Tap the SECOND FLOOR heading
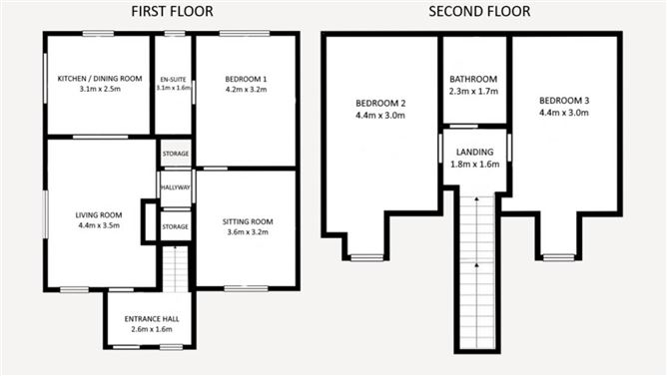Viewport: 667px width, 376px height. point(479,12)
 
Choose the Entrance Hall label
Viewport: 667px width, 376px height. point(150,319)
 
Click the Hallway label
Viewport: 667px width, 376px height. point(176,187)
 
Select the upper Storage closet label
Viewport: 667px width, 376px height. point(176,155)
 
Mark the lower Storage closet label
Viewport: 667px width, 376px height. point(176,226)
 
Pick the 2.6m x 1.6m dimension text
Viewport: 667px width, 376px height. point(150,330)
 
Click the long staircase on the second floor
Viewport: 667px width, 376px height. point(476,269)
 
